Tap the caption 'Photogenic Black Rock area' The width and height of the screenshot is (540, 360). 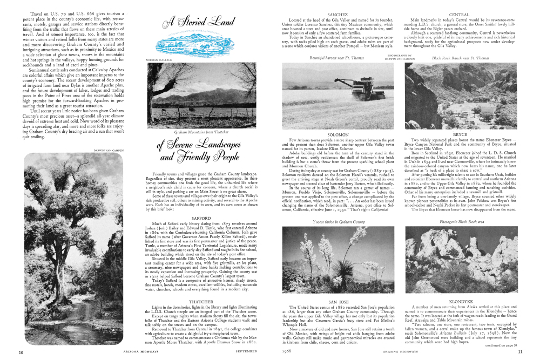pos(459,222)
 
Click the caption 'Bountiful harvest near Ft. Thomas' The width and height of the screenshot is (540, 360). pos(337,57)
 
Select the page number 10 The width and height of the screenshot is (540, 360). pos(21,352)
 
